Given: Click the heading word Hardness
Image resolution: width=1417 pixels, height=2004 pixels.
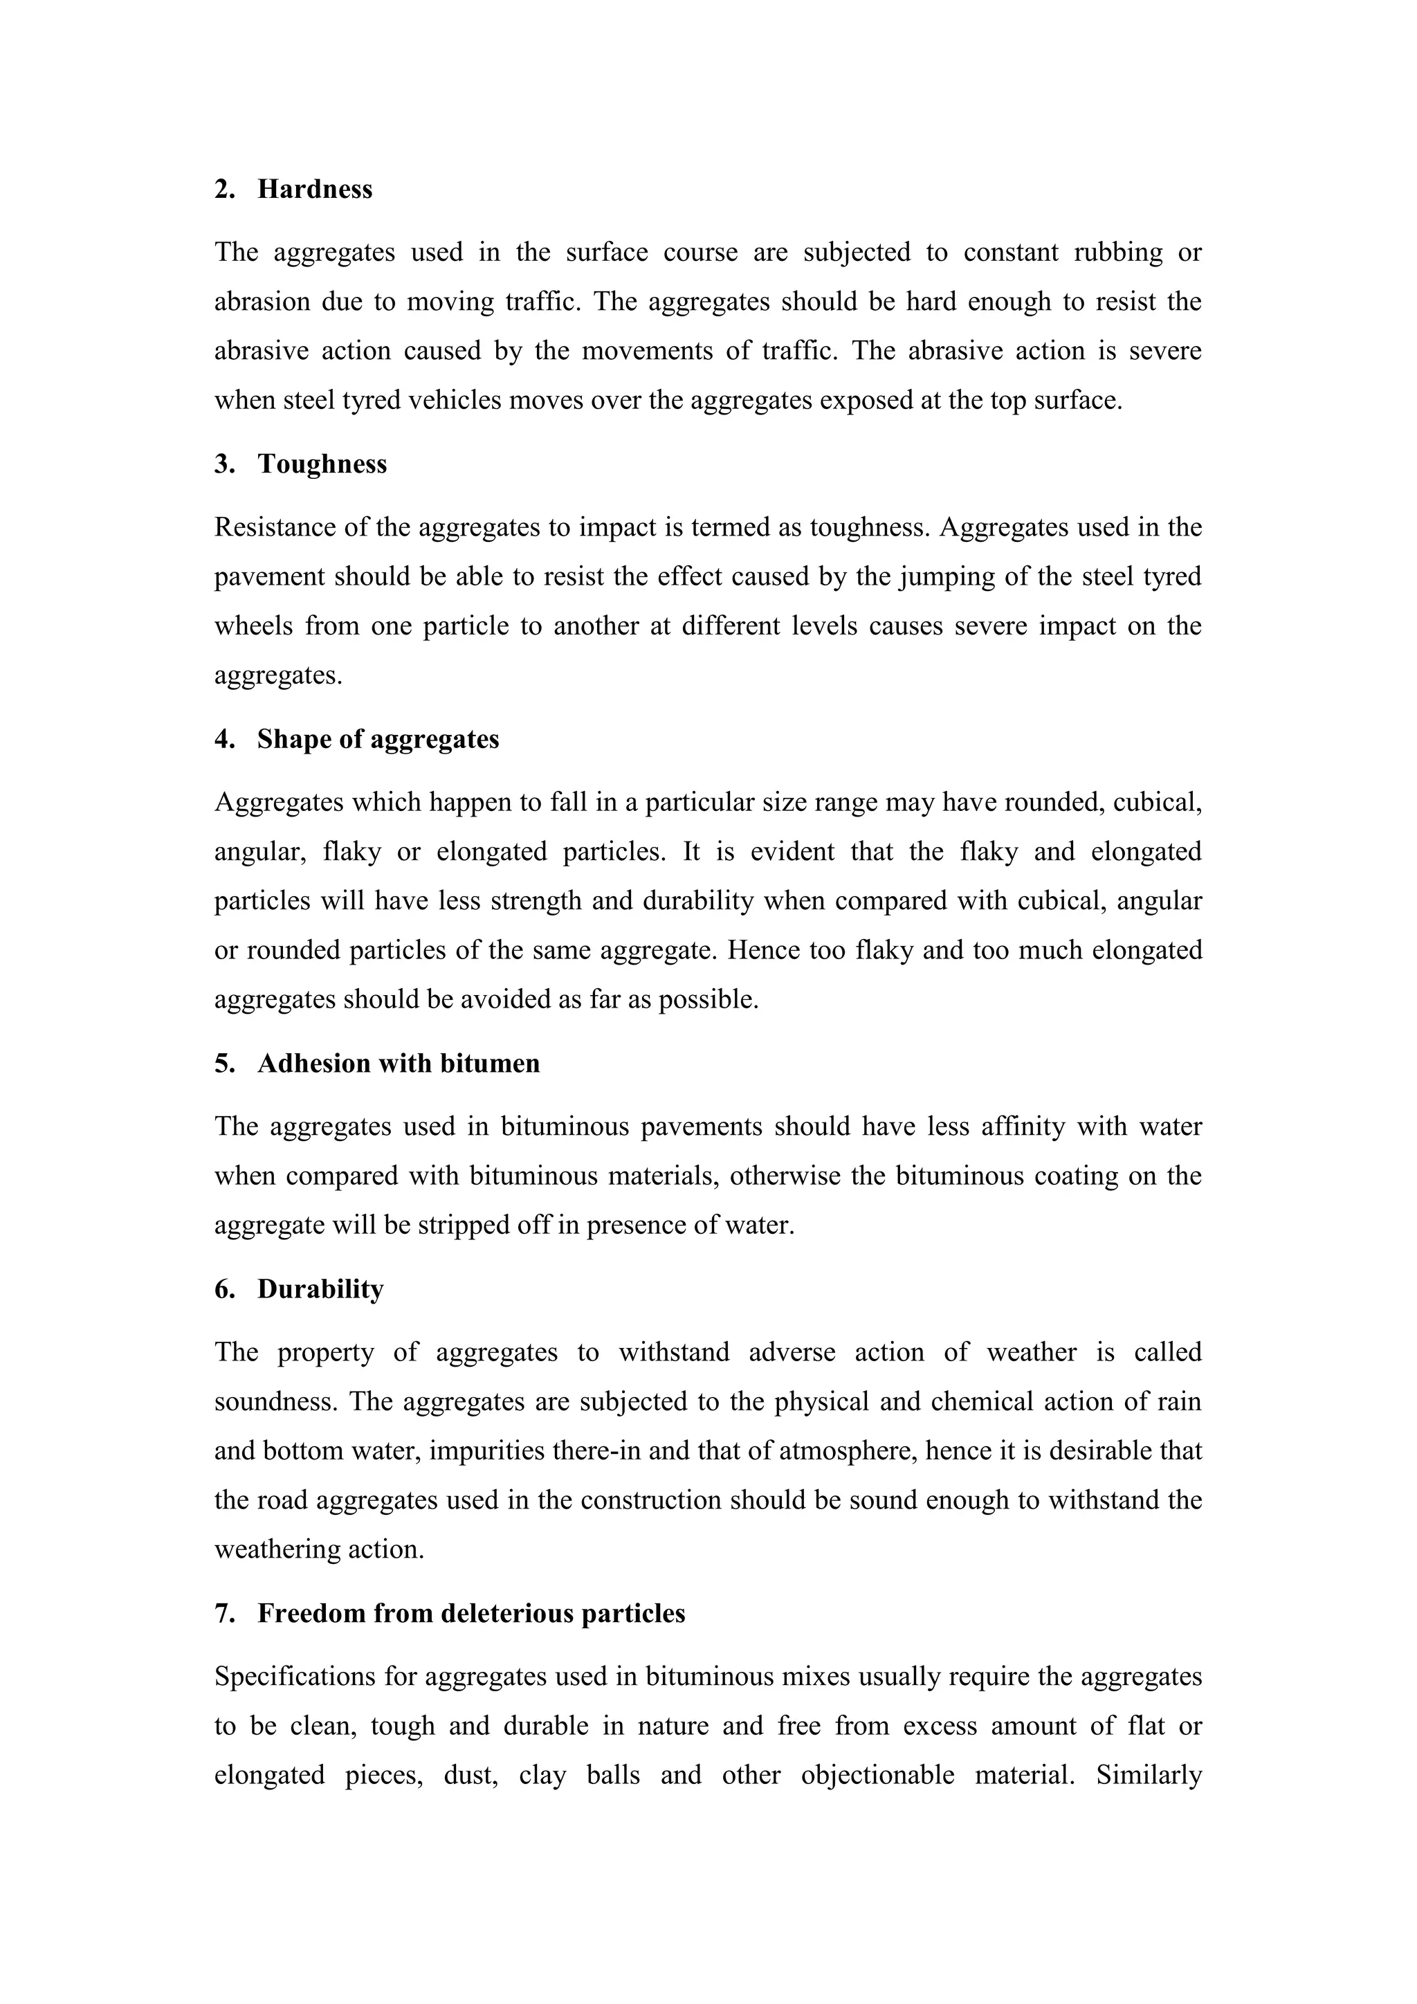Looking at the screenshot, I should (314, 190).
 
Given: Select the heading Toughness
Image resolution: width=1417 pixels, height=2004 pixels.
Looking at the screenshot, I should (322, 464).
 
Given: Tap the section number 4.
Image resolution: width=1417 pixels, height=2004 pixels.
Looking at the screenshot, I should (223, 739).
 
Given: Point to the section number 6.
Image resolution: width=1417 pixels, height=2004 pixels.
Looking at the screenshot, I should (223, 1289).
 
